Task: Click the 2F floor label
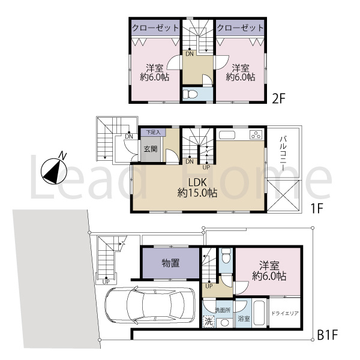278,99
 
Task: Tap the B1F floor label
328,336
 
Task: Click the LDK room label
197,182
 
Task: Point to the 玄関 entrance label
151,149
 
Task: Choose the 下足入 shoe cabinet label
153,133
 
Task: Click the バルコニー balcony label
283,153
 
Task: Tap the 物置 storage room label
170,263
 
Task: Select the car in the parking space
149,305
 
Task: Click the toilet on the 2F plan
190,94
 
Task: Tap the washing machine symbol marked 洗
208,322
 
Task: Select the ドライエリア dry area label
285,313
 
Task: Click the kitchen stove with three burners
256,135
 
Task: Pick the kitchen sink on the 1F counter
227,135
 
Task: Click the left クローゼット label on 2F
155,28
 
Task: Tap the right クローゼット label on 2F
240,28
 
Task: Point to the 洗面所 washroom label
223,310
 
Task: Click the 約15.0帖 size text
197,193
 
